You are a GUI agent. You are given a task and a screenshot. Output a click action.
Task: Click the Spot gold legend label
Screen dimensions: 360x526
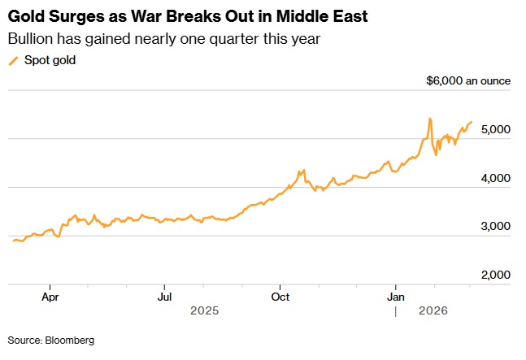[x=50, y=60]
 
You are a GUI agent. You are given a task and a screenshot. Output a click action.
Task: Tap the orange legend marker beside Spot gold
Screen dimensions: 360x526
[x=13, y=60]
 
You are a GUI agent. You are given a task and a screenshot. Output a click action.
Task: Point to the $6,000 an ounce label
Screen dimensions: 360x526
[x=468, y=80]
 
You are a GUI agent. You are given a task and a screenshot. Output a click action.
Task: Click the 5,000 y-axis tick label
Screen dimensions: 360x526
[x=493, y=130]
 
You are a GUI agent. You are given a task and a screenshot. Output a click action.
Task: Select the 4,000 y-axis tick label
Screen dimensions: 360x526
[x=493, y=178]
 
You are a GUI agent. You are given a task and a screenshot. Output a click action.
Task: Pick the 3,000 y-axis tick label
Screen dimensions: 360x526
[x=493, y=227]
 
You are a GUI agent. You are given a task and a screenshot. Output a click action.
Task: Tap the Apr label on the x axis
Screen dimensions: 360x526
[x=50, y=297]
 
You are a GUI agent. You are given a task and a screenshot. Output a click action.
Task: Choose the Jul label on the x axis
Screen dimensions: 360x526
[x=165, y=297]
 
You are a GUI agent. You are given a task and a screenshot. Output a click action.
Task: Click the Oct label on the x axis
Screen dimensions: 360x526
[x=280, y=297]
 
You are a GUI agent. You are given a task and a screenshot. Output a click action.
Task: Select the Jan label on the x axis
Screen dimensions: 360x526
[x=396, y=297]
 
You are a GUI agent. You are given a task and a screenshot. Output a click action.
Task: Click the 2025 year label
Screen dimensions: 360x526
[x=205, y=310]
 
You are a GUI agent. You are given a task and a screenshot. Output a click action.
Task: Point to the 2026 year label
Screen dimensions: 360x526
[x=432, y=310]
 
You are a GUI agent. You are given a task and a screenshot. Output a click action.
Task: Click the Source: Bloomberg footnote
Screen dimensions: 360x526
[x=51, y=340]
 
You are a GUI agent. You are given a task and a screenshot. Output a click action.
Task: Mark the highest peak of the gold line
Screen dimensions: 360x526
[x=429, y=119]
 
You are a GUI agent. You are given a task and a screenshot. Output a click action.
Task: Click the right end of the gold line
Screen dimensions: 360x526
[x=472, y=122]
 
